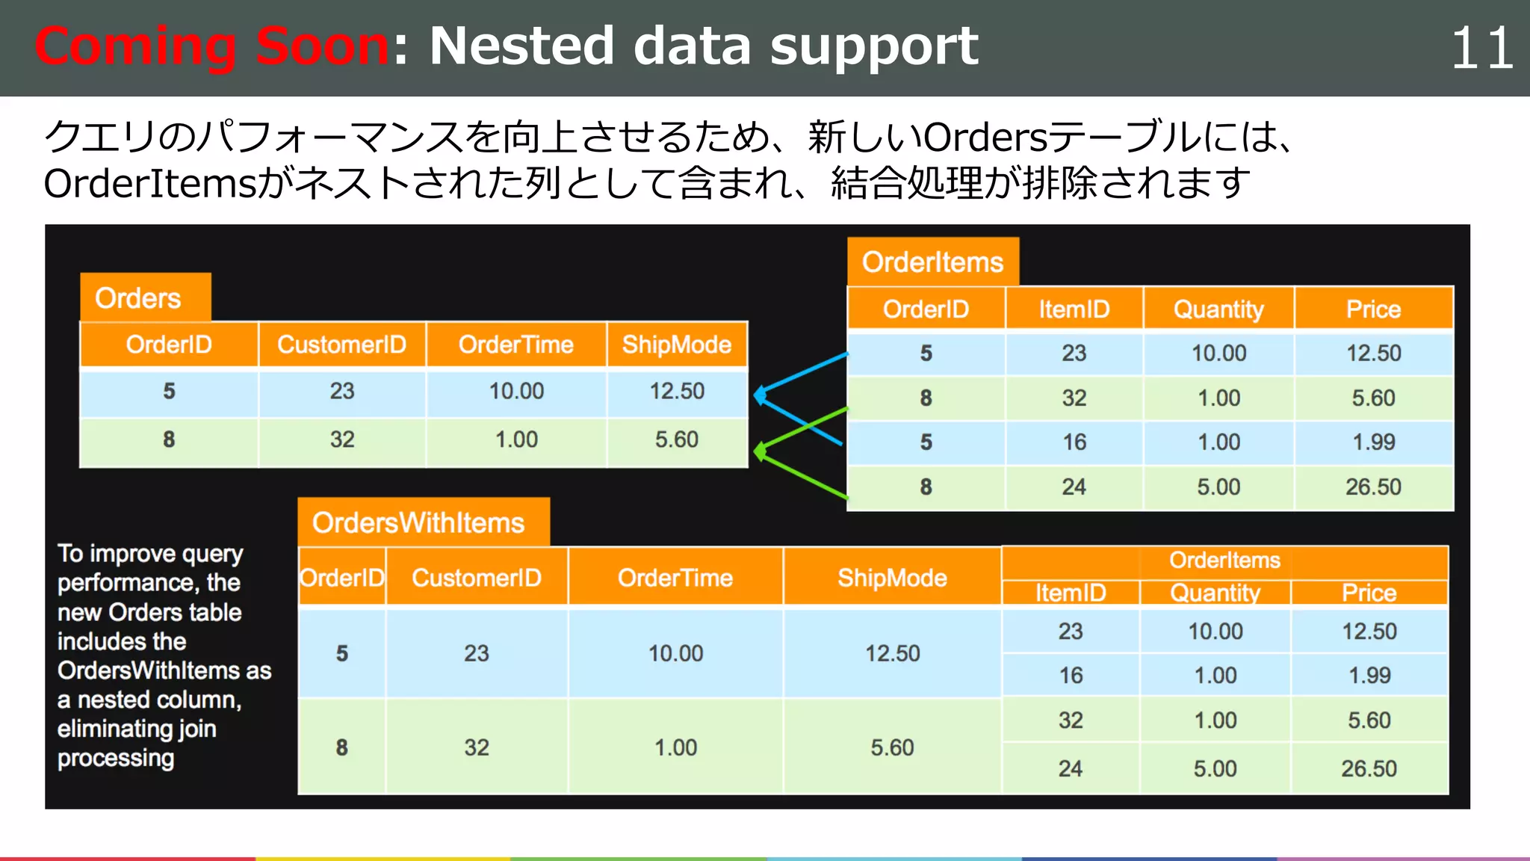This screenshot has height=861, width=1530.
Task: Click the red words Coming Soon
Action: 211,46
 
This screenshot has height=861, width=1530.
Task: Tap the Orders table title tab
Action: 139,298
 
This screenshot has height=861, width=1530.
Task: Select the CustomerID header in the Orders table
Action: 342,345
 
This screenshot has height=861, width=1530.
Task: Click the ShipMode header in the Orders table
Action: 677,345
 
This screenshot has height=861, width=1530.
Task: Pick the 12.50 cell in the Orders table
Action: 677,391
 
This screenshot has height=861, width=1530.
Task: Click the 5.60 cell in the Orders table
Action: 677,439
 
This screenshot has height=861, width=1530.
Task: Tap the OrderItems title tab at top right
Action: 932,262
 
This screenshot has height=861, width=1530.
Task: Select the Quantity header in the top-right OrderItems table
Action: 1218,309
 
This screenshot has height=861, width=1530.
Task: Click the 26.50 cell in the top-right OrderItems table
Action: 1373,487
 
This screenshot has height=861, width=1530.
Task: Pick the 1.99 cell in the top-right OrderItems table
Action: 1373,442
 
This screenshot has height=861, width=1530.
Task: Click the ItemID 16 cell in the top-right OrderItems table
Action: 1074,442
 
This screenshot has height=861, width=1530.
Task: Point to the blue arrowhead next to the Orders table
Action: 761,395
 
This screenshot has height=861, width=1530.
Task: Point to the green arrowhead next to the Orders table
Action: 761,451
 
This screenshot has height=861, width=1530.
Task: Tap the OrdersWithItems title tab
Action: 418,522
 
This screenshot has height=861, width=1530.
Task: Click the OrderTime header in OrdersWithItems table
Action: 675,578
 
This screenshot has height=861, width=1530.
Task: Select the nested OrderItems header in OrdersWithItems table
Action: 1224,560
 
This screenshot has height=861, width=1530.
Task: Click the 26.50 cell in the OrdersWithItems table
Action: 1369,768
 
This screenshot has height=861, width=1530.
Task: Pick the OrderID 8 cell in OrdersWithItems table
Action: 342,747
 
